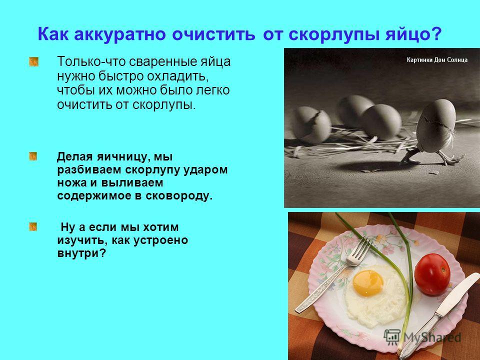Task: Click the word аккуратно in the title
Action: [119, 35]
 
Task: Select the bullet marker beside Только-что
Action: [33, 61]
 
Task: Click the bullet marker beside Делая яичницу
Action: [33, 156]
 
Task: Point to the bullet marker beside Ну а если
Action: [33, 227]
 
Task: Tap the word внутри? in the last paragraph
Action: [81, 253]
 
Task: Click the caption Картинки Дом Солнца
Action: [437, 59]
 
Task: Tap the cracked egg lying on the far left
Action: [310, 124]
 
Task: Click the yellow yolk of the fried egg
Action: [368, 283]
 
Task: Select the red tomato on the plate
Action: [432, 274]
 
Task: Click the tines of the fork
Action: [360, 250]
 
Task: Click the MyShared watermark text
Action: [432, 337]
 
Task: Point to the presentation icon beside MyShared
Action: [392, 336]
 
